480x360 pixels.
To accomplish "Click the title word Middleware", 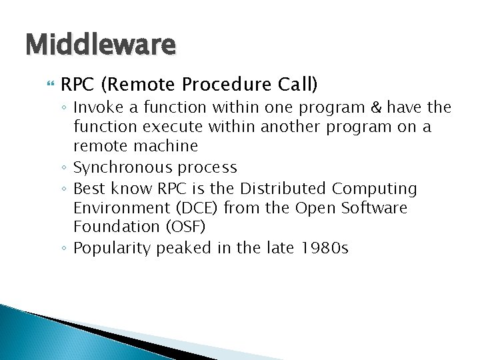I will pyautogui.click(x=100, y=45).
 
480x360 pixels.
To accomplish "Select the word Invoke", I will pyautogui.click(x=95, y=107).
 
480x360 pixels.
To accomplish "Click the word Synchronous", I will pyautogui.click(x=119, y=167).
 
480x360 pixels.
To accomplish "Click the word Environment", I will pyautogui.click(x=114, y=208).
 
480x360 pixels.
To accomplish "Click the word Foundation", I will pyautogui.click(x=109, y=227).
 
